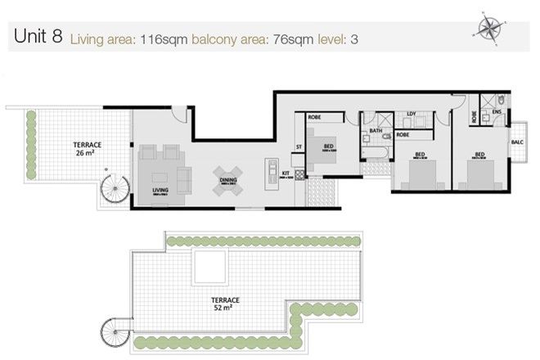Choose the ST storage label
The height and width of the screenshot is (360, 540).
pos(299,146)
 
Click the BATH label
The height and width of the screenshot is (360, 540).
pos(376,131)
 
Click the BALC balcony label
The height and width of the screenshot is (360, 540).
pos(516,142)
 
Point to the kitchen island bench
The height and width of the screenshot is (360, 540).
pos(272,173)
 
